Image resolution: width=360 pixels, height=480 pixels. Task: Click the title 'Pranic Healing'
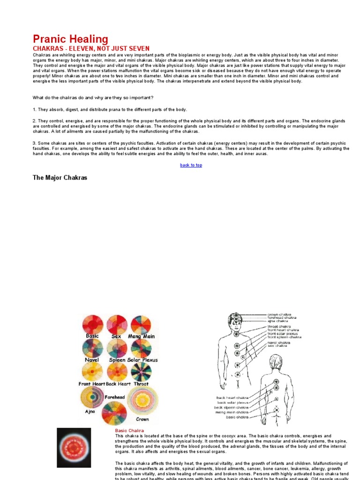[x=70, y=39]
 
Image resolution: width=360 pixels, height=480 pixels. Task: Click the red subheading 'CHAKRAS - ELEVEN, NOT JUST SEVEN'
[x=91, y=48]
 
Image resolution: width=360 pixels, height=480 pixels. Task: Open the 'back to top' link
[x=191, y=165]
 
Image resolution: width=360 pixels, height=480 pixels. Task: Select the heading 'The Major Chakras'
[x=60, y=178]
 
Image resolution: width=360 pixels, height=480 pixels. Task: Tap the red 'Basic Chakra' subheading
[x=129, y=430]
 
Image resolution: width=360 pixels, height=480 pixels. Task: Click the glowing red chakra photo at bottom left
[x=74, y=448]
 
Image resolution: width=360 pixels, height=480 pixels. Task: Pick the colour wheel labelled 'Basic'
[x=92, y=324]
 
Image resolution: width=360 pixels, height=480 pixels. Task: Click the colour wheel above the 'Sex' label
[x=117, y=324]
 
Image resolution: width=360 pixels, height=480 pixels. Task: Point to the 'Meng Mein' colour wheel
[x=141, y=324]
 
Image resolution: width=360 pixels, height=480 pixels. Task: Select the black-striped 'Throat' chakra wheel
[x=141, y=371]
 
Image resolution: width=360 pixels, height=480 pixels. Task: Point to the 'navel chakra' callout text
[x=279, y=343]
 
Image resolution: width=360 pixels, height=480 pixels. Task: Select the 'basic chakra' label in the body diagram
[x=237, y=417]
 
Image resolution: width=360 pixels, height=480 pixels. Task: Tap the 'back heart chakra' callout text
[x=232, y=397]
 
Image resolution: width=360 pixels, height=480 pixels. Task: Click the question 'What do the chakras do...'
[x=93, y=97]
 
